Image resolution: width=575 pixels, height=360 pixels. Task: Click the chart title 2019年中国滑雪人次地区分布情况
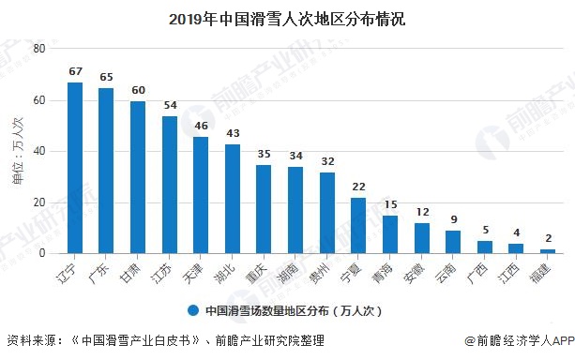[x=287, y=18]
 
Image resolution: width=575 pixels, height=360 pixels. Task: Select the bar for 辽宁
[x=75, y=168]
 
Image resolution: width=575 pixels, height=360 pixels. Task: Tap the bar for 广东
[x=106, y=171]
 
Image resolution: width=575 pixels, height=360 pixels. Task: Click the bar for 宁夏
[x=358, y=225]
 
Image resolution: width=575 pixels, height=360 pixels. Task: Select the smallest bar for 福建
[x=547, y=250]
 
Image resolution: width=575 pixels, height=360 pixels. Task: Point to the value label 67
[x=75, y=71]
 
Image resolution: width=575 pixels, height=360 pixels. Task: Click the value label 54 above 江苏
[x=170, y=105]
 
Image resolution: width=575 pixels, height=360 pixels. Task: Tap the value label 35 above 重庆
[x=264, y=154]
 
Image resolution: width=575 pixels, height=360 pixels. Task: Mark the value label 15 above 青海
[x=390, y=204]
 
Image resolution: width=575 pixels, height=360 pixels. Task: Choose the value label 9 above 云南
[x=453, y=219]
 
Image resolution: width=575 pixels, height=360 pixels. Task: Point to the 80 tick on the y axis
[x=38, y=49]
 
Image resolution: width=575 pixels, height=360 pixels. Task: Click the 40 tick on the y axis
[x=38, y=151]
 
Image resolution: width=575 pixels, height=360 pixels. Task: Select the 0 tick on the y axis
[x=41, y=253]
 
